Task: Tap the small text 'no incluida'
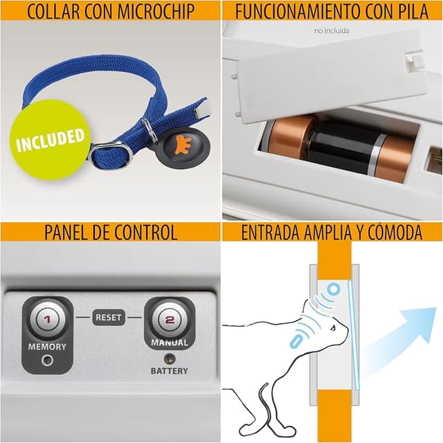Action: [x=332, y=30]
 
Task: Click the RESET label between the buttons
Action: [x=109, y=318]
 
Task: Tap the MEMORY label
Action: [x=47, y=347]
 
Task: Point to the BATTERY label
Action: [x=170, y=371]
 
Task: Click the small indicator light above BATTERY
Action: [x=170, y=359]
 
